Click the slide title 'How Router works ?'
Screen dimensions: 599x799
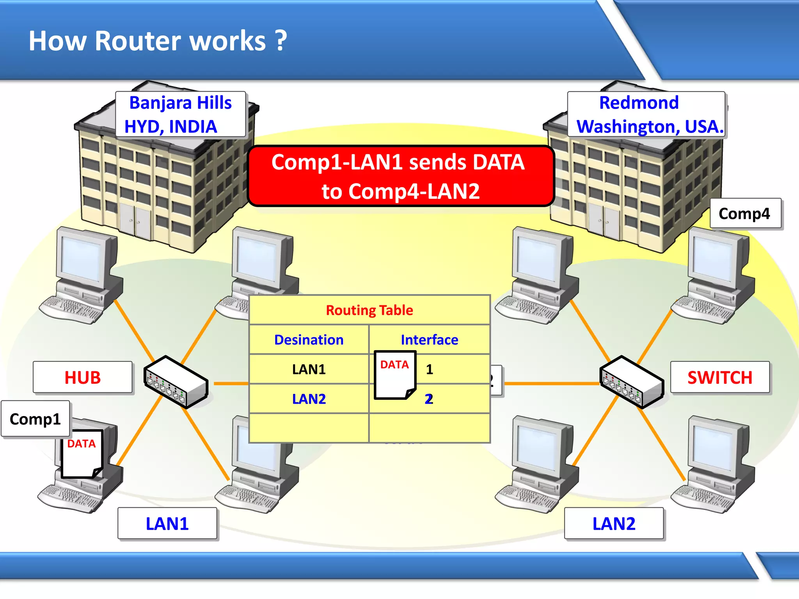coord(158,41)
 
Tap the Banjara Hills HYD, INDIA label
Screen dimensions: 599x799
coord(180,114)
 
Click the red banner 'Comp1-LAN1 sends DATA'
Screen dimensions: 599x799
coord(401,176)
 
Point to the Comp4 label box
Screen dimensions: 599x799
coord(745,213)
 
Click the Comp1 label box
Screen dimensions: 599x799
coord(36,419)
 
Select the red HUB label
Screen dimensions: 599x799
coord(83,377)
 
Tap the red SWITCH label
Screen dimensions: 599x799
coord(720,377)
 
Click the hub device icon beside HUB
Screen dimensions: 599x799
coord(176,383)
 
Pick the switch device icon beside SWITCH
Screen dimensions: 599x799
coord(631,383)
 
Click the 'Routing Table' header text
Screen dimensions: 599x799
coord(369,310)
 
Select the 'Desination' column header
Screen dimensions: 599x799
coord(309,340)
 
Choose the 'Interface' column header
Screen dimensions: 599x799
coord(429,340)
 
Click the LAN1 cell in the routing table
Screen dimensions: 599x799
coord(309,369)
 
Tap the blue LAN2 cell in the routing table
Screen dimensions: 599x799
coord(309,399)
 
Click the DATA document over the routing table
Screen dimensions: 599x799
coord(394,375)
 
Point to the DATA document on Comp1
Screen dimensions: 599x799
coord(82,454)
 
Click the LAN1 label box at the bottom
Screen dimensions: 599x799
coord(167,523)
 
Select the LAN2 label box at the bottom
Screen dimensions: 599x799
coord(614,523)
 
